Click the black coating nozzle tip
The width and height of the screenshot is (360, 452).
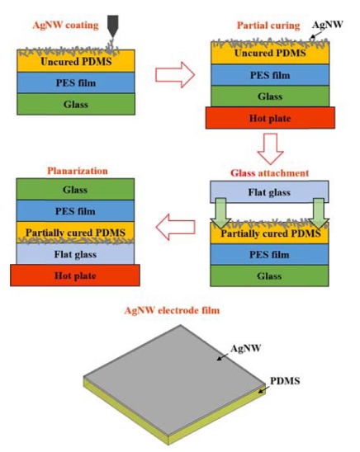tap(113, 37)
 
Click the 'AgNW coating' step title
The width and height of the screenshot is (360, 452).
tap(65, 25)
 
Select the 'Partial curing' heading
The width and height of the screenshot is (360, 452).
tap(268, 26)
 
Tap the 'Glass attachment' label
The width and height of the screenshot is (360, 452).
tap(269, 173)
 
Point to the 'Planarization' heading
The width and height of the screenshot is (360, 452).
tap(78, 171)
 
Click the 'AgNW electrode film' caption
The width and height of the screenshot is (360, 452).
tap(172, 310)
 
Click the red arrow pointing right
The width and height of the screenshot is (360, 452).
tap(175, 75)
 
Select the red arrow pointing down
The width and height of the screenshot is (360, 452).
tap(270, 148)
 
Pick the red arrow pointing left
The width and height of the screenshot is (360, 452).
tap(175, 227)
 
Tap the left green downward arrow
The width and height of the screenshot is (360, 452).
tap(220, 214)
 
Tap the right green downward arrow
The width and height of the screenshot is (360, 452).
tap(319, 214)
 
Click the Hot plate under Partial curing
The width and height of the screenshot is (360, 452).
tap(270, 118)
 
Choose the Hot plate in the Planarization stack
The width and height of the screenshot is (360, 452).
tap(75, 275)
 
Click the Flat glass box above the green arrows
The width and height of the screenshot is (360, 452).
tap(269, 192)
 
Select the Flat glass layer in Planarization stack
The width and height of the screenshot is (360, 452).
tap(75, 254)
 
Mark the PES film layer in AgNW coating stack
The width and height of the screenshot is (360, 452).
tap(76, 82)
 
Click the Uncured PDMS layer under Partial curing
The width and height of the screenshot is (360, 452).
tap(270, 53)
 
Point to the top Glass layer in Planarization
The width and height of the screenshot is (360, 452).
tap(75, 190)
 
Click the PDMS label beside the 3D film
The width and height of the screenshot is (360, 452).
tap(285, 381)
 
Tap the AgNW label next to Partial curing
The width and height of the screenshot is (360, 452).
tap(328, 25)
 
